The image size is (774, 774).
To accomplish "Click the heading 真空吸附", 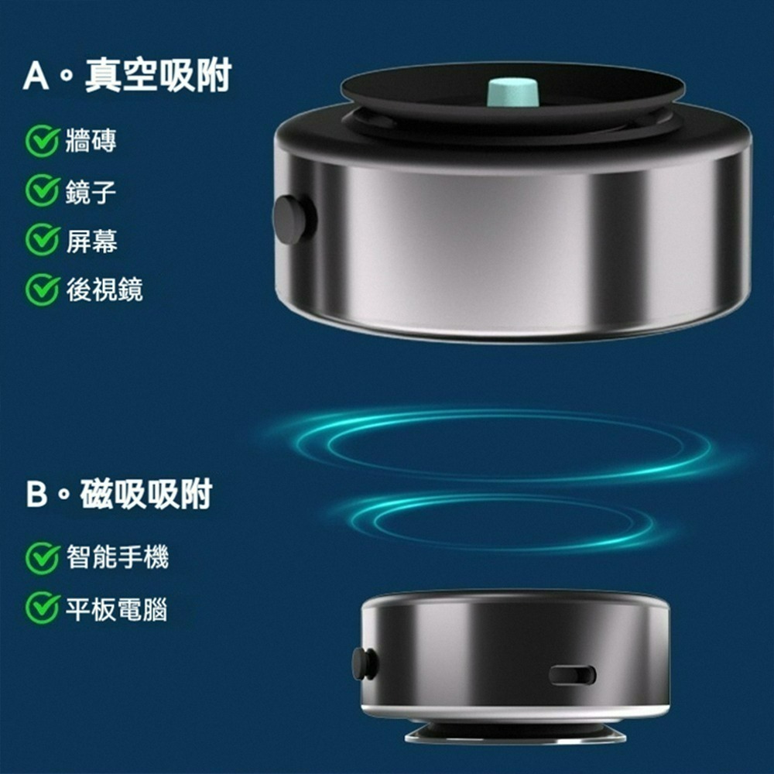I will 158,77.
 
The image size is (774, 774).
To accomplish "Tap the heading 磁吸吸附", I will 146,494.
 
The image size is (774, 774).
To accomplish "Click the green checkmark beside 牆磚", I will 42,142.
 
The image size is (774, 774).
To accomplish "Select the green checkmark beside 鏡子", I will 42,191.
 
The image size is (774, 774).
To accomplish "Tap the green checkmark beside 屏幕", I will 42,241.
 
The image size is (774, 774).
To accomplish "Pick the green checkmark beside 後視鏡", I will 42,290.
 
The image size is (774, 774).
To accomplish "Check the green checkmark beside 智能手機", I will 42,558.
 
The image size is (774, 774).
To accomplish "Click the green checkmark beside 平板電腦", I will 42,608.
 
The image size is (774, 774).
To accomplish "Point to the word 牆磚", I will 91,142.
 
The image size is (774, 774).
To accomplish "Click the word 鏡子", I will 91,191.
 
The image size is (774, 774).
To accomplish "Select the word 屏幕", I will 91,241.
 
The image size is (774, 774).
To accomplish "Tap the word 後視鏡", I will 104,290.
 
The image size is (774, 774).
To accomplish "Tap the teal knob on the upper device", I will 512,91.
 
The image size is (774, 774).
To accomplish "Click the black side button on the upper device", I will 292,220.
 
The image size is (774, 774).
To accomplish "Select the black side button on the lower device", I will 364,663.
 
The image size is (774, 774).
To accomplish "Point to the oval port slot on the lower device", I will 573,675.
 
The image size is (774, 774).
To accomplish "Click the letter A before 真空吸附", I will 36,77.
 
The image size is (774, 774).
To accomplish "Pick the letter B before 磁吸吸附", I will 36,495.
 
